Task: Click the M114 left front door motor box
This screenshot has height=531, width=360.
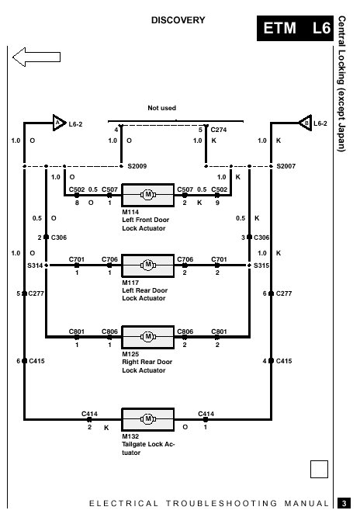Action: (x=148, y=195)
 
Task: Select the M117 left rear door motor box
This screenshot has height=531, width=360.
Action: (x=148, y=265)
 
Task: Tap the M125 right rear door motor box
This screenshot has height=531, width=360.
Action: (x=148, y=337)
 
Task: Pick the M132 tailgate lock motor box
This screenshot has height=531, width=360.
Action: (x=148, y=419)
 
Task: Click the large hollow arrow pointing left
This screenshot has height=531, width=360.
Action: (x=36, y=57)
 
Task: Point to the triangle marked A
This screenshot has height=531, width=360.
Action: (x=59, y=123)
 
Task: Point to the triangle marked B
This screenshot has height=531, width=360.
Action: (x=306, y=123)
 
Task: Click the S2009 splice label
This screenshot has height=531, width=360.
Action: (x=137, y=166)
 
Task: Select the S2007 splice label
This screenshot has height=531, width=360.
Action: (x=286, y=166)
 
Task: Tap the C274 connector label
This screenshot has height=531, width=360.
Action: (x=219, y=130)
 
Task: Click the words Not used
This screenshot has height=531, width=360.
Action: (x=161, y=108)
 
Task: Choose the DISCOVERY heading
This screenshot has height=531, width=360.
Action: (x=178, y=20)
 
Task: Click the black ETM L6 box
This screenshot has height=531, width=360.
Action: (x=295, y=28)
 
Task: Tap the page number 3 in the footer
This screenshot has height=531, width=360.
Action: (x=344, y=503)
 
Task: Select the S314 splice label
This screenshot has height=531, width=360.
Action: (x=35, y=265)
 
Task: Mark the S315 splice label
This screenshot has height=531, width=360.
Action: (x=261, y=265)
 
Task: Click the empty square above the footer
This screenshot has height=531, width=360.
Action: (x=319, y=470)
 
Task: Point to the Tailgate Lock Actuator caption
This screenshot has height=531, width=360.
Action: (x=148, y=449)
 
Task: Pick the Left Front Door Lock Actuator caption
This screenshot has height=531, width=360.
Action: (x=146, y=224)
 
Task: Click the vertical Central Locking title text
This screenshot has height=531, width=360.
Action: (x=341, y=84)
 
